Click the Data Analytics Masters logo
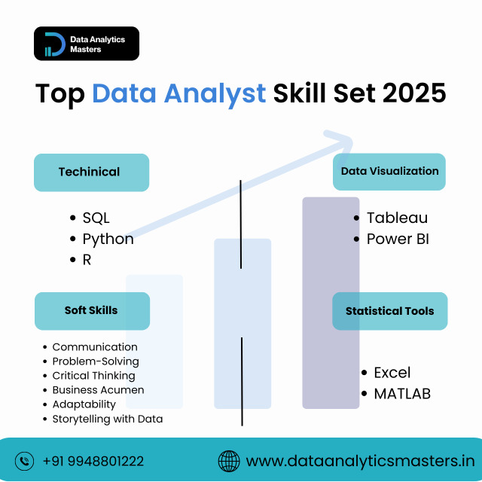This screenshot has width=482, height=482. pos(86,44)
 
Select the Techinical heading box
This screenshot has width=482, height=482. pos(91,172)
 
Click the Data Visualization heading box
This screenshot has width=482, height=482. pos(389,172)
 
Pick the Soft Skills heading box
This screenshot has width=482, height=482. pos(91,310)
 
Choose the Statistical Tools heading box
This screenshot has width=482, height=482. pos(389,311)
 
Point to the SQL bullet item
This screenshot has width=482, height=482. pos(96,218)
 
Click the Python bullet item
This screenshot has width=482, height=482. pos(108,239)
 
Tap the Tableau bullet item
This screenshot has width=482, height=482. pos(397,218)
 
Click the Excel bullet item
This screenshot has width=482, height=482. pos(392,373)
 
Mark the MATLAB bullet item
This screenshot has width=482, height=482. pos(402,394)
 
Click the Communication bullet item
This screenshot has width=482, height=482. pos(95,347)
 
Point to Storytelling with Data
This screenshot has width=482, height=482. pos(107,419)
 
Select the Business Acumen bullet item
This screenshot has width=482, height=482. pos(98,390)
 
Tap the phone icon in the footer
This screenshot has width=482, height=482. pos(25,460)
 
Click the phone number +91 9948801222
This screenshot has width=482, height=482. pos(93,461)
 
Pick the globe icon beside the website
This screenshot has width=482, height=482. pos(228,460)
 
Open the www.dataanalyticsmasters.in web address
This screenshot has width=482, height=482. pos(360,461)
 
